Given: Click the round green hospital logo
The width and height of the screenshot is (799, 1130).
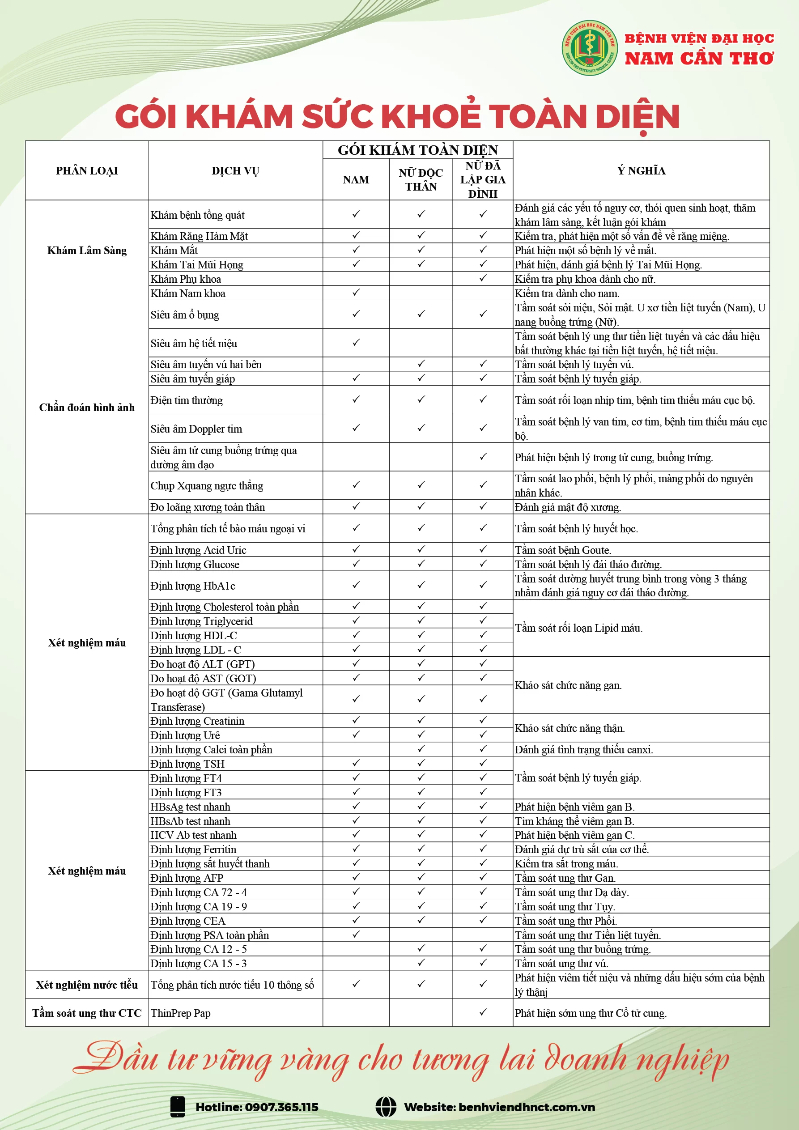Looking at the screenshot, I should pos(589,48).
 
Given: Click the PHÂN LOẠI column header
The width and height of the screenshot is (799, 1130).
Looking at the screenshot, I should pos(87,171).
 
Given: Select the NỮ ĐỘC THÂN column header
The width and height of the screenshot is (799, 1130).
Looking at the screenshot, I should pos(421,180).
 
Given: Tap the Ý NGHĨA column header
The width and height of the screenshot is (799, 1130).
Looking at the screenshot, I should pos(641,171).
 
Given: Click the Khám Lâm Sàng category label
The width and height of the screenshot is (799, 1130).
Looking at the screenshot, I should pos(87,251).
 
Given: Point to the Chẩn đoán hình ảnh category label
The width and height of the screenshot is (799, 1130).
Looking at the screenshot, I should pos(87,408).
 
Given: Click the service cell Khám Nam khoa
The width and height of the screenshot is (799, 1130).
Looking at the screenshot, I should pos(188,293).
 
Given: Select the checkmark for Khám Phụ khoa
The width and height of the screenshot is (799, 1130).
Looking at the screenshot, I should pos(483,279).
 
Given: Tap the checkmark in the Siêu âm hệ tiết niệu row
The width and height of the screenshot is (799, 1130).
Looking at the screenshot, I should pos(356,343).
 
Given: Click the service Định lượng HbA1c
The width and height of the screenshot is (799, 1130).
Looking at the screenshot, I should pos(193,586).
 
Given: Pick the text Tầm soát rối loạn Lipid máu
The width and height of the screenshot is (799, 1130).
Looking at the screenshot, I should pos(578,628).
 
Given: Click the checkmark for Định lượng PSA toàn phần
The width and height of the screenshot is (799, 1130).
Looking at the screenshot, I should pos(356,934).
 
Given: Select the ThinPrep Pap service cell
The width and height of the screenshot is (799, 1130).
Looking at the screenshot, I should pos(181,1013).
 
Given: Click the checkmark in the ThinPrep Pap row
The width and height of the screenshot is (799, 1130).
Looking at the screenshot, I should pos(483,1012).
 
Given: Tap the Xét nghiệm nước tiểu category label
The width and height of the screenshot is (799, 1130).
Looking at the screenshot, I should pos(87,985).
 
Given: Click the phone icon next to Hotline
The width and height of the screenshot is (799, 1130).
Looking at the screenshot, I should pos(177,1107).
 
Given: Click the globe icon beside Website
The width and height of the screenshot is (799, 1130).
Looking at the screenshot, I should pos(386,1107).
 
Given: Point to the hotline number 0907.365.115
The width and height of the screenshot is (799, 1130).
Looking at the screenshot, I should pos(281,1107).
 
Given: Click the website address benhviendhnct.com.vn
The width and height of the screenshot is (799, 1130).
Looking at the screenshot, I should pos(526,1107).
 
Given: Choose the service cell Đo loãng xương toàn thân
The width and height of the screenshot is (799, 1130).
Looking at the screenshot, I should pos(208,507).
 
